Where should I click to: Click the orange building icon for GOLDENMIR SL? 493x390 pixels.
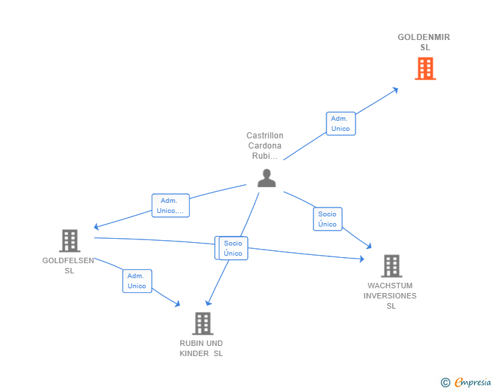click(x=425, y=69)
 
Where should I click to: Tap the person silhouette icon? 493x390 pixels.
click(x=267, y=178)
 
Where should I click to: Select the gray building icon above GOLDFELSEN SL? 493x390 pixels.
click(x=70, y=241)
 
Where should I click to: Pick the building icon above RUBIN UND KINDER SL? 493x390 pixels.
click(x=202, y=324)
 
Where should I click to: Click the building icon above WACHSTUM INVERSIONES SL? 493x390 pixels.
click(x=391, y=266)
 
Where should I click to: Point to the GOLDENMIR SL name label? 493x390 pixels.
click(x=424, y=42)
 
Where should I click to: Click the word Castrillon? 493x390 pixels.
click(x=265, y=136)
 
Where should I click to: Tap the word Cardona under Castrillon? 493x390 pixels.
click(x=265, y=146)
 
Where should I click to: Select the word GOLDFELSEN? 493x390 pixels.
click(x=68, y=260)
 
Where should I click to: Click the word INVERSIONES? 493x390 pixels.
click(x=390, y=296)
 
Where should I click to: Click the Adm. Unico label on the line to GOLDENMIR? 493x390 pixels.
click(x=341, y=123)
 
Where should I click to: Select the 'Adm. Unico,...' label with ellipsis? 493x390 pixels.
click(x=171, y=206)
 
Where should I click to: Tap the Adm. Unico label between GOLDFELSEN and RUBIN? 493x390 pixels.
click(x=137, y=281)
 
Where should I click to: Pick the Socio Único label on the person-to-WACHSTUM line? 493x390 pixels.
click(x=328, y=219)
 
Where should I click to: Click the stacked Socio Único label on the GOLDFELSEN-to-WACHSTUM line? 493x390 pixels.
click(x=233, y=248)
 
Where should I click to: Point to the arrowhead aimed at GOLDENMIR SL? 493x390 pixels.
click(x=395, y=90)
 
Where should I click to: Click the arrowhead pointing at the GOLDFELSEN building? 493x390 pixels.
click(x=97, y=227)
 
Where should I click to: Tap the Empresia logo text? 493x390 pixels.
click(x=473, y=382)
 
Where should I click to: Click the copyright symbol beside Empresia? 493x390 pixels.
click(x=445, y=383)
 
